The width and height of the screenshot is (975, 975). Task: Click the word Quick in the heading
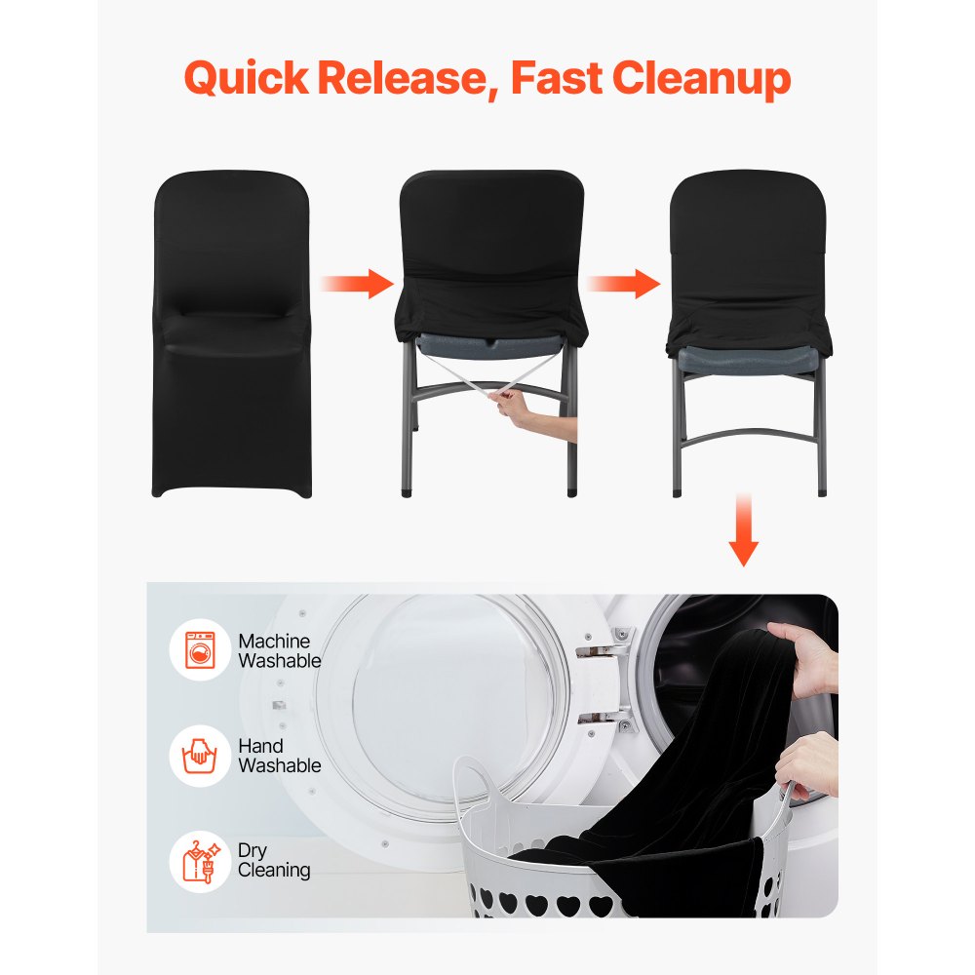[245, 78]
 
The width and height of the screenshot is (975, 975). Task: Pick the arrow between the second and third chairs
[624, 284]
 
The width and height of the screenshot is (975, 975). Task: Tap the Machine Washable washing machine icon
[200, 650]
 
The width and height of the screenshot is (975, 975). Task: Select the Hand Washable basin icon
[200, 756]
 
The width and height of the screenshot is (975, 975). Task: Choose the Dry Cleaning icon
[200, 860]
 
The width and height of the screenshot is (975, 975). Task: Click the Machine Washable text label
[279, 650]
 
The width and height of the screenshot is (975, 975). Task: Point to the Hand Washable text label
[279, 756]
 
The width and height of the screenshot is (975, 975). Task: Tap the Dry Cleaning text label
[274, 860]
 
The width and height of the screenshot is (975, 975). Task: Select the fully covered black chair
[231, 331]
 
